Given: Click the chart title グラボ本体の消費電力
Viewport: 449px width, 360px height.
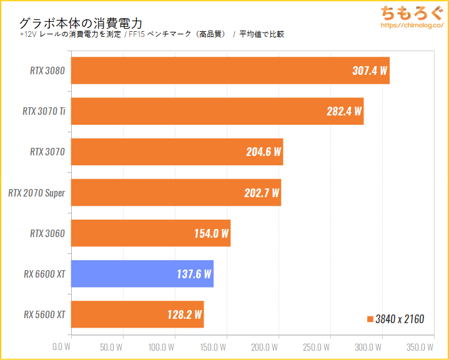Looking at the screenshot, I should (81, 22).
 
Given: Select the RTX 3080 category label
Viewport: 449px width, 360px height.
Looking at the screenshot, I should (47, 71).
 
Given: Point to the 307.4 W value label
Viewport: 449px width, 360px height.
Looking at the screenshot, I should (370, 71).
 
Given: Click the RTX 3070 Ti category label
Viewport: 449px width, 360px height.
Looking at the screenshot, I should (44, 112).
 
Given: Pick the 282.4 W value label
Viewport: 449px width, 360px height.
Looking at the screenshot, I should (344, 112).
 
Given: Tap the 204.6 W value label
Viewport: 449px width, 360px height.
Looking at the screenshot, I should (264, 152).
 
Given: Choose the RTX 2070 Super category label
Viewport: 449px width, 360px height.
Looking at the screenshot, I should (37, 193).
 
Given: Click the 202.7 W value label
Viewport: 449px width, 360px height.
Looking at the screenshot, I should (262, 193).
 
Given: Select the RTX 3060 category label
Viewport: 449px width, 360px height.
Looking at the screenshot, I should (47, 233).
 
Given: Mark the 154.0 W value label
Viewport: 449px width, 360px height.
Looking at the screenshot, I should (212, 234).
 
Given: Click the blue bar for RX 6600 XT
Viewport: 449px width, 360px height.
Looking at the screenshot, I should (142, 274).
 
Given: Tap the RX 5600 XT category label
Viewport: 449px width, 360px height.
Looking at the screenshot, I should (44, 314).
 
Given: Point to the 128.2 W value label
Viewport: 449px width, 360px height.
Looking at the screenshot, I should (185, 315).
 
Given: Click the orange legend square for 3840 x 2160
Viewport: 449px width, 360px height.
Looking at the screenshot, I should (370, 319).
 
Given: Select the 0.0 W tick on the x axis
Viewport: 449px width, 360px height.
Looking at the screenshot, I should (62, 346).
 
